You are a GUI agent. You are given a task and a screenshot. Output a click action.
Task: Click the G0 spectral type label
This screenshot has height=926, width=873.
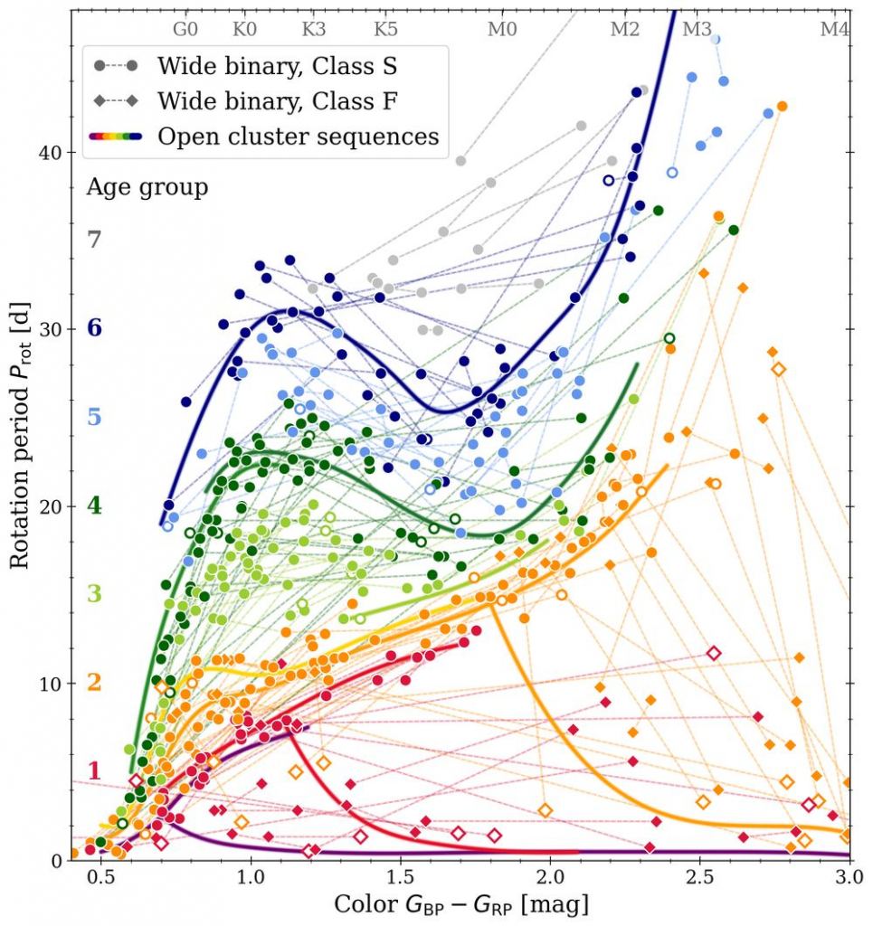tap(185, 28)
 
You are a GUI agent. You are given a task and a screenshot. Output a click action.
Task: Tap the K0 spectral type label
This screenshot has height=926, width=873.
tap(244, 28)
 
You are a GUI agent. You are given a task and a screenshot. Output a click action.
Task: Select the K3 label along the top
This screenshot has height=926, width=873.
tap(313, 28)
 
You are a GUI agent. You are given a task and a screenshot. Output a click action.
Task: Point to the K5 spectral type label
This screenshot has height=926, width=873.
tap(385, 28)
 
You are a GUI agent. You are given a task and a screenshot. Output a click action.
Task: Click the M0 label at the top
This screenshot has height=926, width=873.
tap(502, 28)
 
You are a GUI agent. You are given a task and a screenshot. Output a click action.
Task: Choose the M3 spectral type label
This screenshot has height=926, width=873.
tap(697, 28)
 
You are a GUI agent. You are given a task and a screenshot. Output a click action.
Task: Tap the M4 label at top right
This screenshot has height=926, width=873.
tap(834, 28)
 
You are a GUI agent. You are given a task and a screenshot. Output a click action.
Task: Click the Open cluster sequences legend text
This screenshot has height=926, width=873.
tap(298, 137)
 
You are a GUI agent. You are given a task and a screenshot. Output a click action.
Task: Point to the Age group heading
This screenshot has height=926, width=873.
tap(147, 187)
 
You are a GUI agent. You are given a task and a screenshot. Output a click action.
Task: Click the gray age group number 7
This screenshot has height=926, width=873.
tap(94, 240)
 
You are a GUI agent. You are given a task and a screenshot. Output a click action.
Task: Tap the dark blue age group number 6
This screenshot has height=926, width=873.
tap(94, 328)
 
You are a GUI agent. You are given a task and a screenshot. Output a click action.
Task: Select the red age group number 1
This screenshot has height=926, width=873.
tap(94, 771)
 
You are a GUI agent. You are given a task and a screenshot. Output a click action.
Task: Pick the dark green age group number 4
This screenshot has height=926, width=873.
tap(94, 506)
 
